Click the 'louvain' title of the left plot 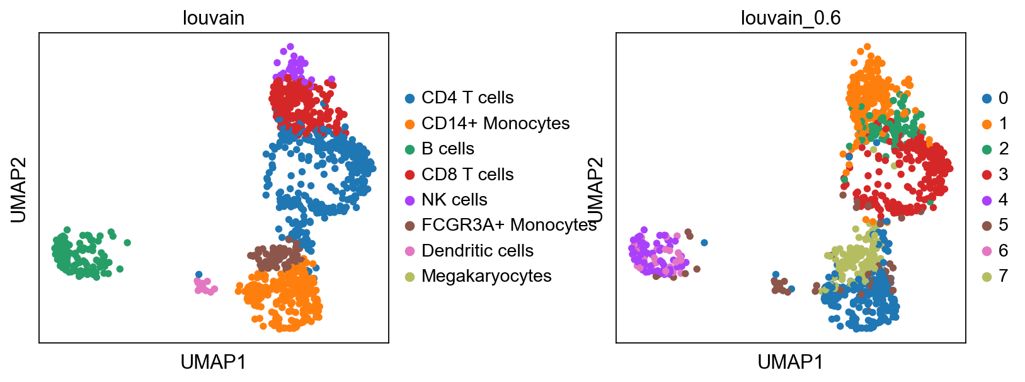pos(213,18)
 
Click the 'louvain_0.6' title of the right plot pos(790,18)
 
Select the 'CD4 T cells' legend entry pos(467,98)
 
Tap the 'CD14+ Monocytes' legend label pos(495,124)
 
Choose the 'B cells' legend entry pos(447,149)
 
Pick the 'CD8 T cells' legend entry pos(467,175)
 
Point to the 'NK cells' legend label pos(454,200)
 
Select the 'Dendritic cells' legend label pos(477,251)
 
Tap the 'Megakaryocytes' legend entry pos(486,276)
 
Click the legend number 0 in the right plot pos(1003,98)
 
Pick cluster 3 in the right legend pos(1003,175)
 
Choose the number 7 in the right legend pos(1003,276)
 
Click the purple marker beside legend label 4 pos(987,200)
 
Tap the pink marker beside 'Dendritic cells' pos(409,251)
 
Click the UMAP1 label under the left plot pos(213,362)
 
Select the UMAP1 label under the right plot pos(790,362)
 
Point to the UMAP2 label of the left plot pos(19,189)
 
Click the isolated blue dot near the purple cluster pos(704,243)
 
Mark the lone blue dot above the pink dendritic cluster pos(199,274)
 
